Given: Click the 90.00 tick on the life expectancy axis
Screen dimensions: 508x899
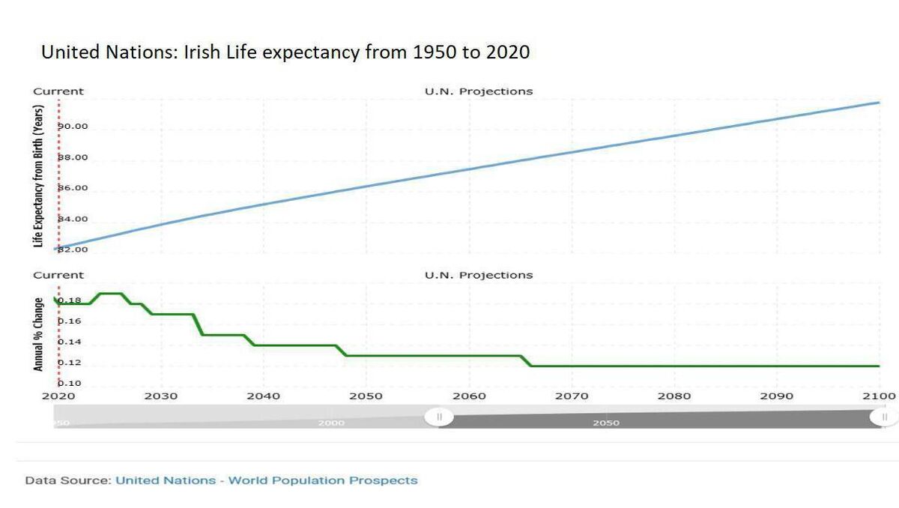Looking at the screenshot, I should point(74,126).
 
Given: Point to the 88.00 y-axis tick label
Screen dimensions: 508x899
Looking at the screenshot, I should point(74,157).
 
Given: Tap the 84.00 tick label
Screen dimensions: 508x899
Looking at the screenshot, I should point(74,219).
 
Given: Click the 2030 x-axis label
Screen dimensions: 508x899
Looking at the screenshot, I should point(162,396).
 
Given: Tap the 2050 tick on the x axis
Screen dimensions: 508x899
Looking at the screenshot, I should point(366,396).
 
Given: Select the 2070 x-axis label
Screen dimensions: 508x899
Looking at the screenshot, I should point(572,396).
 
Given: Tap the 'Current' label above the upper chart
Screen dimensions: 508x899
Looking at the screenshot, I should point(58,91).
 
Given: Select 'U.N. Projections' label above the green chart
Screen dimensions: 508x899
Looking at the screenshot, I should point(479,275).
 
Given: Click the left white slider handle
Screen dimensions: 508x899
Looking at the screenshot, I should point(439,417).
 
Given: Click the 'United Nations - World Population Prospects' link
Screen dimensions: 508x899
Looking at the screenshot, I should point(266,480).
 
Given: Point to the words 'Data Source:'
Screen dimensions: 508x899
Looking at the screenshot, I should point(67,480).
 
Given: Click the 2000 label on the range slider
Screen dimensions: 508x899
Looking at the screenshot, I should point(331,423).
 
